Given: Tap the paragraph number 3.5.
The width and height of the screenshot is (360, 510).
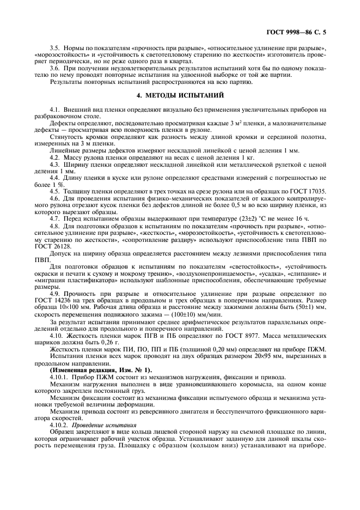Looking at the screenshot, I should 56,48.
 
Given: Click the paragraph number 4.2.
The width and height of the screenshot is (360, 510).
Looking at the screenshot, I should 56,157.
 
